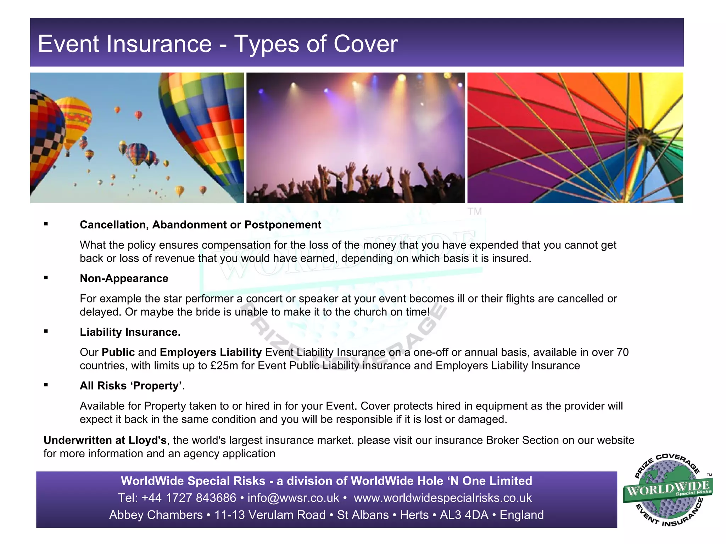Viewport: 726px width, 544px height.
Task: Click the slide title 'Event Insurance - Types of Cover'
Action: tap(218, 44)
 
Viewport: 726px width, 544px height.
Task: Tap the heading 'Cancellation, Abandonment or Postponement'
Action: tap(200, 225)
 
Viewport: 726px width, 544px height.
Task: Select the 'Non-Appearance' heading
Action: tap(124, 278)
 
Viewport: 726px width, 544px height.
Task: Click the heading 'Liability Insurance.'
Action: tap(130, 332)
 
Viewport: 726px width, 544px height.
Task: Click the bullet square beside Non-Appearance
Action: tap(46, 278)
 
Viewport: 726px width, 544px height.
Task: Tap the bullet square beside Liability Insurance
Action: tap(46, 331)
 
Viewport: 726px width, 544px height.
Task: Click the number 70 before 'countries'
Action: tap(622, 352)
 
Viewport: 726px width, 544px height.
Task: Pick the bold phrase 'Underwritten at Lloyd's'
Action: tap(105, 440)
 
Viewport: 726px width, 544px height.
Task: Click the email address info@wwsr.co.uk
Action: tap(293, 498)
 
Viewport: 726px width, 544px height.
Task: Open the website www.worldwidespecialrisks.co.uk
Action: tap(442, 498)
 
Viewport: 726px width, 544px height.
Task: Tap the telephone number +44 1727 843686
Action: tap(189, 498)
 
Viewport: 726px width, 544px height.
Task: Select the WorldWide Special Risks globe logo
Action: tap(668, 490)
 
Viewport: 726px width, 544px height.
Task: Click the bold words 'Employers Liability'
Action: tap(211, 352)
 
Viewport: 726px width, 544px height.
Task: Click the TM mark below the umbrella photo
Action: tap(474, 211)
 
